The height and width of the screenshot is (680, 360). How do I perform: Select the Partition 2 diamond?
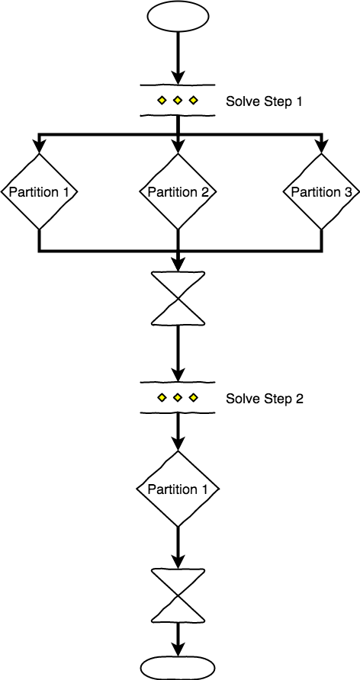coord(178,191)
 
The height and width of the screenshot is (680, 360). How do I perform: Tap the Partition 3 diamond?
coord(320,191)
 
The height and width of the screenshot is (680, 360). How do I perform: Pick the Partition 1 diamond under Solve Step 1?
coord(38,191)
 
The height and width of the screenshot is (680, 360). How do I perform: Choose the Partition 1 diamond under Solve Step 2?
coord(178,489)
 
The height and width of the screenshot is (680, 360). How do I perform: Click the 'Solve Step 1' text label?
coord(265,101)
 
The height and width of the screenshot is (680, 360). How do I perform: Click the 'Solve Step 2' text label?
coord(265,399)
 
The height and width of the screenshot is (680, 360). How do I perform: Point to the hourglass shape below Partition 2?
coord(178,299)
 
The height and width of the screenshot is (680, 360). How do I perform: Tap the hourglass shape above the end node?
coord(178,596)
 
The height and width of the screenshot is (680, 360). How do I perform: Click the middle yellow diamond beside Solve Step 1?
coord(178,101)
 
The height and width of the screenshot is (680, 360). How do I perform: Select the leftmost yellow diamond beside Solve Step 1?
coord(162,101)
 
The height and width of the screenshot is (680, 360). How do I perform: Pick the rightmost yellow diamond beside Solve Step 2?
coord(194,398)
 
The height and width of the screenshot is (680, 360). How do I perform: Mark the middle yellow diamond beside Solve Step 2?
coord(178,398)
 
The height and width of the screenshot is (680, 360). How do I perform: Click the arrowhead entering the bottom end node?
coord(178,648)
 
